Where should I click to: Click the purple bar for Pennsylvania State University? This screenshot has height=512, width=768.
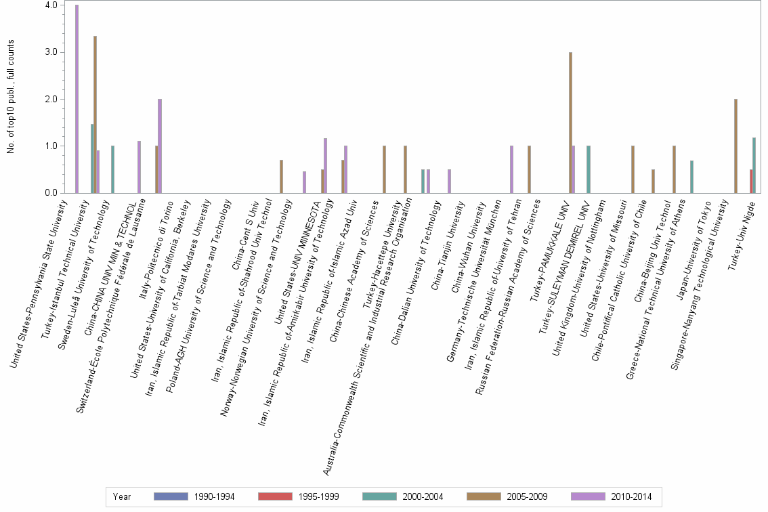pyautogui.click(x=77, y=99)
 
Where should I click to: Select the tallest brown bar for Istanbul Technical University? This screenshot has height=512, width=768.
pyautogui.click(x=95, y=114)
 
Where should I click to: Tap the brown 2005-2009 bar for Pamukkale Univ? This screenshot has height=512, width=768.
pyautogui.click(x=570, y=123)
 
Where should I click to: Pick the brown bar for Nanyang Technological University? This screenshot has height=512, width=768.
pyautogui.click(x=735, y=146)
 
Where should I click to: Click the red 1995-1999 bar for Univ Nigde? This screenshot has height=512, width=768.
pyautogui.click(x=751, y=182)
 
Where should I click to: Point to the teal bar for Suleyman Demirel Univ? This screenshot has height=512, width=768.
pyautogui.click(x=589, y=169)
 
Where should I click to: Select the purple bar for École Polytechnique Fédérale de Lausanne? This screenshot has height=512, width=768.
pyautogui.click(x=160, y=146)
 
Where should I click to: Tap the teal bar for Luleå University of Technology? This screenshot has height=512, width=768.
pyautogui.click(x=112, y=169)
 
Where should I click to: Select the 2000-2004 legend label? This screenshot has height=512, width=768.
pyautogui.click(x=423, y=496)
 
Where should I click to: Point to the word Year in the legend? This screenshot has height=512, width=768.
pyautogui.click(x=122, y=496)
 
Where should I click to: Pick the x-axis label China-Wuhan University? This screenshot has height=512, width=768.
pyautogui.click(x=463, y=241)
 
